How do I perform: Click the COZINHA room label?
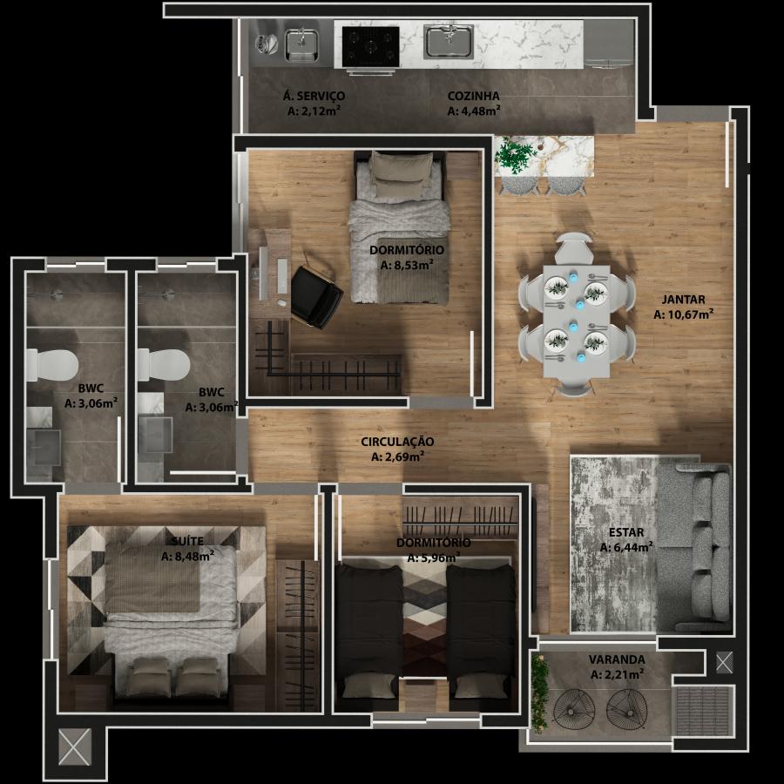point(473,96)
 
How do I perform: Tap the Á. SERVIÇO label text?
point(314,96)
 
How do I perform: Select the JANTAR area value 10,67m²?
point(683,314)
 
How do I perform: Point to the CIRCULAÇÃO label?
point(397,442)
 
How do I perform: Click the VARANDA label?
point(617,659)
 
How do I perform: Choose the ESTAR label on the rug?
point(626,532)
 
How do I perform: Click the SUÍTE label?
point(187,540)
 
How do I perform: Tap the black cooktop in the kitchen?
point(370,46)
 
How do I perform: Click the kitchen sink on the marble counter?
point(449,41)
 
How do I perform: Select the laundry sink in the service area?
point(301,45)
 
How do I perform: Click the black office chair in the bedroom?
point(316,296)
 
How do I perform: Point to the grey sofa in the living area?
point(694,549)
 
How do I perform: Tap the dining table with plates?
point(576,321)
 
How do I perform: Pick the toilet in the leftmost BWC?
point(52,365)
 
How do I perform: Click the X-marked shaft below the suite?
point(75,747)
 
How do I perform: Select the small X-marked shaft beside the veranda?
point(724,662)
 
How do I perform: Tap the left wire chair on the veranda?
point(574,709)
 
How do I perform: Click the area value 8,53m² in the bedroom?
point(407,265)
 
